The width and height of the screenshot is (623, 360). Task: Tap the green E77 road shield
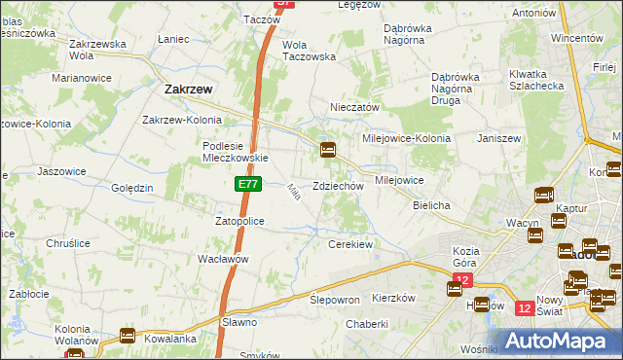247,184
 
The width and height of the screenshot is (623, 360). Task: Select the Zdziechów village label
338,186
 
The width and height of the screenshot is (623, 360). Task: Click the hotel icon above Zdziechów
329,150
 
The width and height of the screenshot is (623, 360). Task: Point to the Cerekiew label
351,244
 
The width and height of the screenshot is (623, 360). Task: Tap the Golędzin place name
131,188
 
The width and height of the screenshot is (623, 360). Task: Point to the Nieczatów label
355,108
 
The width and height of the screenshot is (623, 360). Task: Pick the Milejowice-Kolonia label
407,138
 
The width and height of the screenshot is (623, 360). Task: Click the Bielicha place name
431,206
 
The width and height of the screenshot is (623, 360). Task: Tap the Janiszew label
497,138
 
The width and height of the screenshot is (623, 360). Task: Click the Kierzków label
394,299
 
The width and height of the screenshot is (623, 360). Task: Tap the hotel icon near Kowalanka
128,336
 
